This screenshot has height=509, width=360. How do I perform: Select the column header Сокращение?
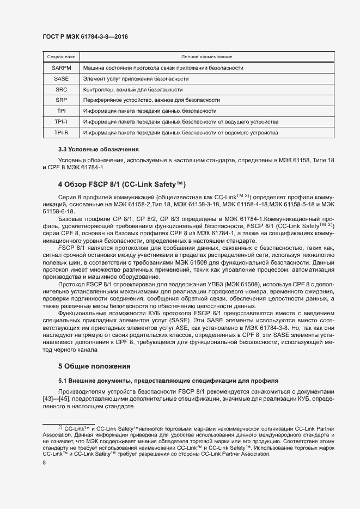61,57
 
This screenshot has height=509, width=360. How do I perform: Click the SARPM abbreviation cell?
61,68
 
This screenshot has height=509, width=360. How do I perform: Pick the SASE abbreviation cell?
61,78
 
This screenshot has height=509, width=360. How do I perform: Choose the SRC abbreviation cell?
61,89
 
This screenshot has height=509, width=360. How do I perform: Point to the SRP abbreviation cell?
61,100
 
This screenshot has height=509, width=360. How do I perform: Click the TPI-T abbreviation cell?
61,121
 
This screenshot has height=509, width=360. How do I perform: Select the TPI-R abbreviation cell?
61,132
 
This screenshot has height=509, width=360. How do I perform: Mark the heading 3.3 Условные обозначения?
99,149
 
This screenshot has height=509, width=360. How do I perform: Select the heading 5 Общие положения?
95,366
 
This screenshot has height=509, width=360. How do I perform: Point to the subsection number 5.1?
63,379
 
